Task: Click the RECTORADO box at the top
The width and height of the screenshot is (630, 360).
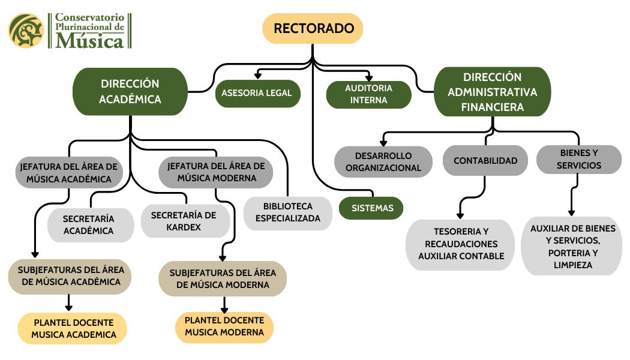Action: (313, 28)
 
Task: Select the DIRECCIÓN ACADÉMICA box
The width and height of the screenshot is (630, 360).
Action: (130, 91)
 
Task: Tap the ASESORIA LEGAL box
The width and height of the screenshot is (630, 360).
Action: (257, 93)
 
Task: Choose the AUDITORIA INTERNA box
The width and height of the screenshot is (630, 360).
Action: (368, 94)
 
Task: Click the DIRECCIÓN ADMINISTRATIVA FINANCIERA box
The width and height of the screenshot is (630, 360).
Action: (493, 92)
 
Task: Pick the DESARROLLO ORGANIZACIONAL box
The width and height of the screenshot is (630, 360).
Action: (383, 161)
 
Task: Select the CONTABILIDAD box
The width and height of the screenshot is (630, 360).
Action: (485, 161)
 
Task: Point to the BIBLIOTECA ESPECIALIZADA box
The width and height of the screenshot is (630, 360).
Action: (288, 212)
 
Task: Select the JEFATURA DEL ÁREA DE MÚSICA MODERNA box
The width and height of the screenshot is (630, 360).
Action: (216, 172)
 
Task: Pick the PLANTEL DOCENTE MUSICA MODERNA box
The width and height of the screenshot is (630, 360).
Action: (224, 326)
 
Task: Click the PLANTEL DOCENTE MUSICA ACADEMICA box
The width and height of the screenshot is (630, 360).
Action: (73, 328)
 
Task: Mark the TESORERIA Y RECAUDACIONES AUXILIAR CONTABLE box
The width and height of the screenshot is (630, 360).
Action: (461, 244)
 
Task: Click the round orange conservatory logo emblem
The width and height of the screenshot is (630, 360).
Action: (26, 31)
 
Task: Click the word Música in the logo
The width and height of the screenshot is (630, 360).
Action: (89, 41)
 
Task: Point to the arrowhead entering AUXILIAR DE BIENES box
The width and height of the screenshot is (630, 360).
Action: (571, 212)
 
